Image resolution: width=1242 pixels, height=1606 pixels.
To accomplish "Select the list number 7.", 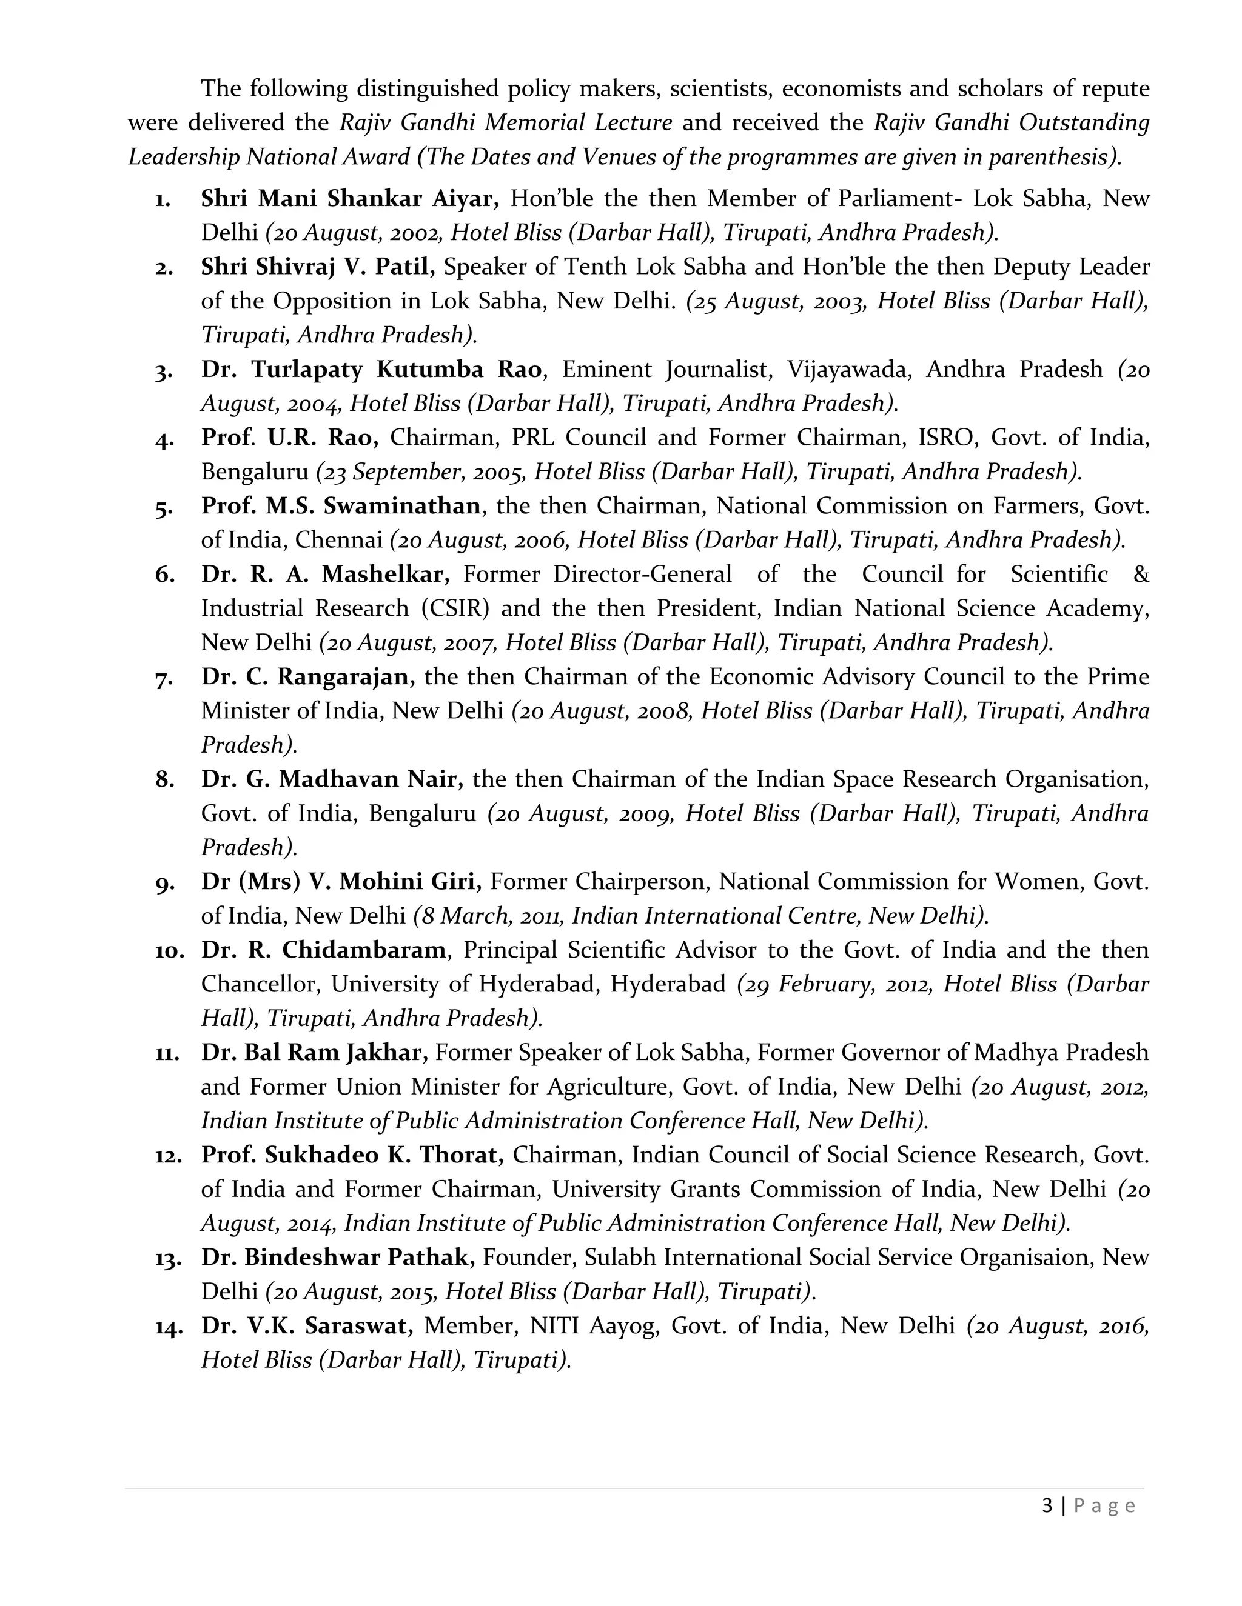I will (164, 678).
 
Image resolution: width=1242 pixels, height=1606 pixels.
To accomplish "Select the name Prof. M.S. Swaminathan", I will (341, 506).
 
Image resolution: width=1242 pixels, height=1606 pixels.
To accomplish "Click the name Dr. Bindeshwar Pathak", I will (338, 1258).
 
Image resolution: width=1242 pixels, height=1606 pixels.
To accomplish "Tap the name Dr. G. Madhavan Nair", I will (331, 779).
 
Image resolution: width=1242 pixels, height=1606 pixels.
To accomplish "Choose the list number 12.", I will (169, 1156).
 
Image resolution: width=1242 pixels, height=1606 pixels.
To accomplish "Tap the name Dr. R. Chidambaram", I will (324, 950).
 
